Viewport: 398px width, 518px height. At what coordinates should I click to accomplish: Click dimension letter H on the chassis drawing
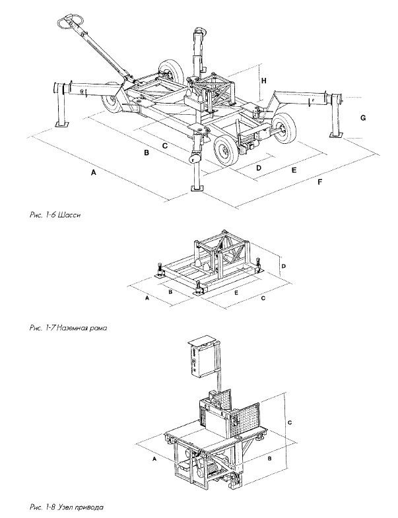tap(264, 80)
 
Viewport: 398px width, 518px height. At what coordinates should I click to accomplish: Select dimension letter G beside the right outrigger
tap(362, 117)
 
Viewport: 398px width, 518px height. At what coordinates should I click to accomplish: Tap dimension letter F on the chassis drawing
tap(320, 181)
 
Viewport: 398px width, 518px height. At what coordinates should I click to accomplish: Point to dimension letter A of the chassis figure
tap(94, 173)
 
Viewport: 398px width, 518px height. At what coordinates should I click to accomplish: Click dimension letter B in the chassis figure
tap(147, 154)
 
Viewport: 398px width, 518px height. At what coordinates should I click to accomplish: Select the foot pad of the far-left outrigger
tap(62, 123)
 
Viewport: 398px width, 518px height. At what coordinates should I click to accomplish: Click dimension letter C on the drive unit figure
tap(290, 420)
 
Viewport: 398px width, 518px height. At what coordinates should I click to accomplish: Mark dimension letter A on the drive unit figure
tap(154, 457)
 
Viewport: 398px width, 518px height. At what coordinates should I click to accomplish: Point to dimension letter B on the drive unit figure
tap(270, 455)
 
